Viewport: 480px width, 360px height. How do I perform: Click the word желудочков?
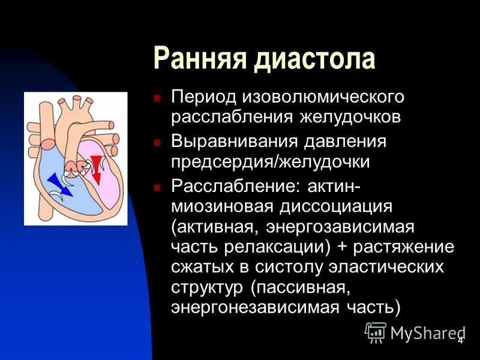(350, 116)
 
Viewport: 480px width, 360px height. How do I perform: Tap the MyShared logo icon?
(376, 332)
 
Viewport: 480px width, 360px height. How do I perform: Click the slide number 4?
(460, 340)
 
